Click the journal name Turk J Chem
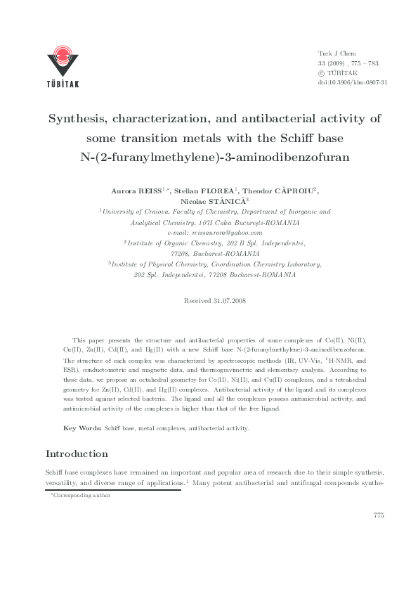pyautogui.click(x=333, y=53)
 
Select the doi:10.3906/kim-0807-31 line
pyautogui.click(x=353, y=82)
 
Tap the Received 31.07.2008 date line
pyautogui.click(x=214, y=300)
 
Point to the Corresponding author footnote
pyautogui.click(x=81, y=496)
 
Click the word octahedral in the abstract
pyautogui.click(x=185, y=378)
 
